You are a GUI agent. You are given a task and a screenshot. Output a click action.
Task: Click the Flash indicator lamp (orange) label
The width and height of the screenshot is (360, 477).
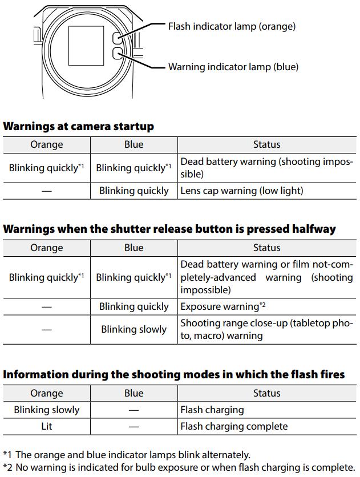(x=232, y=26)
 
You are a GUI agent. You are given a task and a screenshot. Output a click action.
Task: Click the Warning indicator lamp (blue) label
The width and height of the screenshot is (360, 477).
(x=233, y=67)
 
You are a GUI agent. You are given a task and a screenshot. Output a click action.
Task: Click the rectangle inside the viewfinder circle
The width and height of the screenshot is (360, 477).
(x=86, y=46)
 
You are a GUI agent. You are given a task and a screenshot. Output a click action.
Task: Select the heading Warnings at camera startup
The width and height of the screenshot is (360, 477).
(x=79, y=126)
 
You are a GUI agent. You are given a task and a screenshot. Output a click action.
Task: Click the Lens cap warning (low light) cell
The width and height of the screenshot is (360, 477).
(x=241, y=191)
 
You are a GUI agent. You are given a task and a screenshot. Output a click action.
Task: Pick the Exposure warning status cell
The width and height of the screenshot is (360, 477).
(x=223, y=306)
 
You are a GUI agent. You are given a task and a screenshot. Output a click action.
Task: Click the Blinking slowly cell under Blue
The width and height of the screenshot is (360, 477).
(x=134, y=329)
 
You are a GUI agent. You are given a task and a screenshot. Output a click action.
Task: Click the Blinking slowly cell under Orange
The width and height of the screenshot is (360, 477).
(x=47, y=410)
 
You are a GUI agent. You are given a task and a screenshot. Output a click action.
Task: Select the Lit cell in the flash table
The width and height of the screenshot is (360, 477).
(x=47, y=426)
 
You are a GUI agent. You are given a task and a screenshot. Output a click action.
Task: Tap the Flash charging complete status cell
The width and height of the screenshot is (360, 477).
(x=234, y=426)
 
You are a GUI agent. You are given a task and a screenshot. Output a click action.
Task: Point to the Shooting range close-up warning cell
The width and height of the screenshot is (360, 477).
(x=266, y=329)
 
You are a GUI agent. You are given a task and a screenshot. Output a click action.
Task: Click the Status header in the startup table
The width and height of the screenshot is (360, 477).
(x=266, y=144)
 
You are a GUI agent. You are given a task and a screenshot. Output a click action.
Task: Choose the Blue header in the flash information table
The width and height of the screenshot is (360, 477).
(x=134, y=393)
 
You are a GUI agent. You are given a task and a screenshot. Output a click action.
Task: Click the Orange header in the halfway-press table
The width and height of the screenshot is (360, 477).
(x=47, y=248)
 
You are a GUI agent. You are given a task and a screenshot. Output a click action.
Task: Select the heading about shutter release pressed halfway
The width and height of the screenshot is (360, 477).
(x=169, y=229)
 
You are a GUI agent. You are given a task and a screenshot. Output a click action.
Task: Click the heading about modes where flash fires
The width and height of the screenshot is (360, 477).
(x=174, y=375)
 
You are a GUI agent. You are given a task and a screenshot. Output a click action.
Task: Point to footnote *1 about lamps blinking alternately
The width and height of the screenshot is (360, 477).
(x=127, y=455)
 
